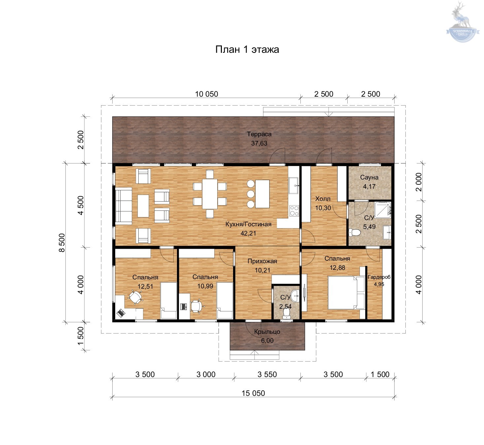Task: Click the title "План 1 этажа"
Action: point(247,49)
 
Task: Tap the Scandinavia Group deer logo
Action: point(462,22)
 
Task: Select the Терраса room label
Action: point(259,134)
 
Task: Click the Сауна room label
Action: point(369,177)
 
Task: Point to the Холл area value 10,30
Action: point(323,208)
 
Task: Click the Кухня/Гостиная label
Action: point(248,224)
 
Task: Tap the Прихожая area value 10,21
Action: point(262,270)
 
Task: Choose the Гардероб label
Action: point(379,277)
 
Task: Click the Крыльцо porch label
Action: point(267,332)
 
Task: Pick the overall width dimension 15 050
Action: point(253,394)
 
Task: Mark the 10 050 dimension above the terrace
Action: point(207,94)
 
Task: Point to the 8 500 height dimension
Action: point(62,243)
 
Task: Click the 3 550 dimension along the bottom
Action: point(267,374)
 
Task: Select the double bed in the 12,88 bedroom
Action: point(346,293)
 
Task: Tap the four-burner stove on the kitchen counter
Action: point(294,210)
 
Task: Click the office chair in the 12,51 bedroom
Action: point(135,297)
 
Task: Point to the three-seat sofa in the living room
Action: point(123,206)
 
